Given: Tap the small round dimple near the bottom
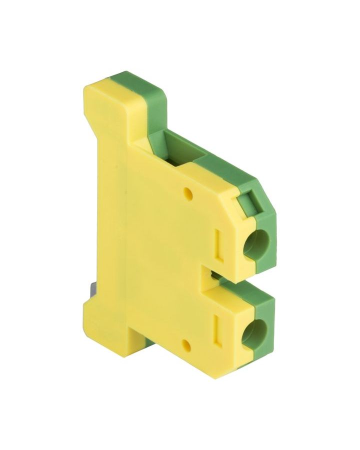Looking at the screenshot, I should pyautogui.click(x=185, y=344).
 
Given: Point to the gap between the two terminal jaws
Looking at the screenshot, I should pyautogui.click(x=215, y=276).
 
